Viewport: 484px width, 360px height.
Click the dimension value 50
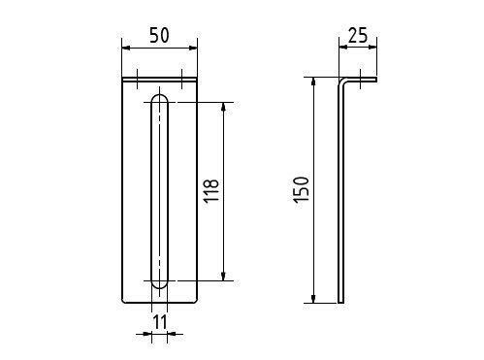coord(159,35)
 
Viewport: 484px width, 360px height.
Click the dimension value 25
coord(358,35)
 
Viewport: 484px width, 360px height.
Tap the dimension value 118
coord(211,190)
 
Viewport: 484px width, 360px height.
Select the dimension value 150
coord(302,189)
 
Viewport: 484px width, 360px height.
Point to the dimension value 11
coord(160,322)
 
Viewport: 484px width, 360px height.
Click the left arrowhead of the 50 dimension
coord(126,48)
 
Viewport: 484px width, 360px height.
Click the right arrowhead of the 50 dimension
coord(193,48)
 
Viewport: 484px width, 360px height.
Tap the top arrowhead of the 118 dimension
coord(223,107)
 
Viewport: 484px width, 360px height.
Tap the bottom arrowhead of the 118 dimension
coord(223,277)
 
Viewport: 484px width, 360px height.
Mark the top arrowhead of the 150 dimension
coord(313,82)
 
